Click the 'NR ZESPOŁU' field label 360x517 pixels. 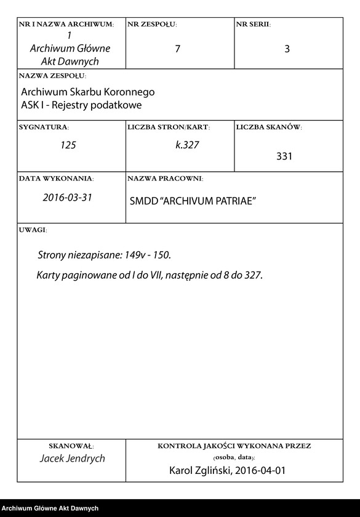(x=152, y=25)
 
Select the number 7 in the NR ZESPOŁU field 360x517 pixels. (x=178, y=49)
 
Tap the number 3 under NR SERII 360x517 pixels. (x=287, y=49)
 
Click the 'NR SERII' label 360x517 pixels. (x=253, y=25)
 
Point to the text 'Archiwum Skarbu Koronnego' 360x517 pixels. (x=88, y=92)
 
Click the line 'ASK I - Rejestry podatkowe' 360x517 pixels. (x=81, y=105)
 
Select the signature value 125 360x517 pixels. (x=68, y=146)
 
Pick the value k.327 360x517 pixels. (x=188, y=146)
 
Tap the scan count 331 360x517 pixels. (x=284, y=156)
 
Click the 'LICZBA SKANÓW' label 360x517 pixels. (x=269, y=127)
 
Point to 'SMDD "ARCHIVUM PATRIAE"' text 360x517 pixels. (x=193, y=202)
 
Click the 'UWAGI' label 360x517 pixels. (x=33, y=230)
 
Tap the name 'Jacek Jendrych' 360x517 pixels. (x=72, y=459)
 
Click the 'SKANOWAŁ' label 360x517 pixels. (x=71, y=445)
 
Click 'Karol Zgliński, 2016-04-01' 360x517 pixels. (x=227, y=471)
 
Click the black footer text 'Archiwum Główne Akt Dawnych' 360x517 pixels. (x=50, y=508)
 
